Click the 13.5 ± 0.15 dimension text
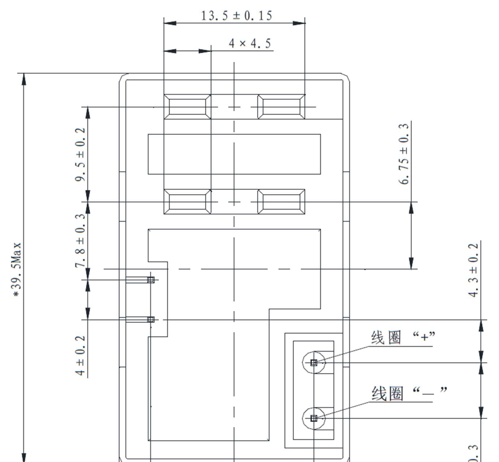pyautogui.click(x=236, y=16)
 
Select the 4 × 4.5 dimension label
pyautogui.click(x=249, y=44)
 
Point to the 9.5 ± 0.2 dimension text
pyautogui.click(x=80, y=154)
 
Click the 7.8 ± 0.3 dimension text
pyautogui.click(x=80, y=240)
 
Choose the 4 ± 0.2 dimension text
pyautogui.click(x=80, y=356)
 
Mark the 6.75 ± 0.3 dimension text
pyautogui.click(x=403, y=154)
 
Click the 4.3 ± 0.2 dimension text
pyautogui.click(x=473, y=270)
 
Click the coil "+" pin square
pyautogui.click(x=314, y=362)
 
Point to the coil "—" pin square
pyautogui.click(x=314, y=418)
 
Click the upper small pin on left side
pyautogui.click(x=151, y=280)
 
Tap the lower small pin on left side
pyautogui.click(x=151, y=319)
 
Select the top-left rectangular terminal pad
pyautogui.click(x=187, y=107)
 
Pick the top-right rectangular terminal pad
pyautogui.click(x=281, y=107)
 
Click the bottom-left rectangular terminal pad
pyautogui.click(x=187, y=202)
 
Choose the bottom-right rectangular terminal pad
pyautogui.click(x=281, y=202)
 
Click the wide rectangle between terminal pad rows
pyautogui.click(x=234, y=154)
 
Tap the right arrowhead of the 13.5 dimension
pyautogui.click(x=299, y=23)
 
